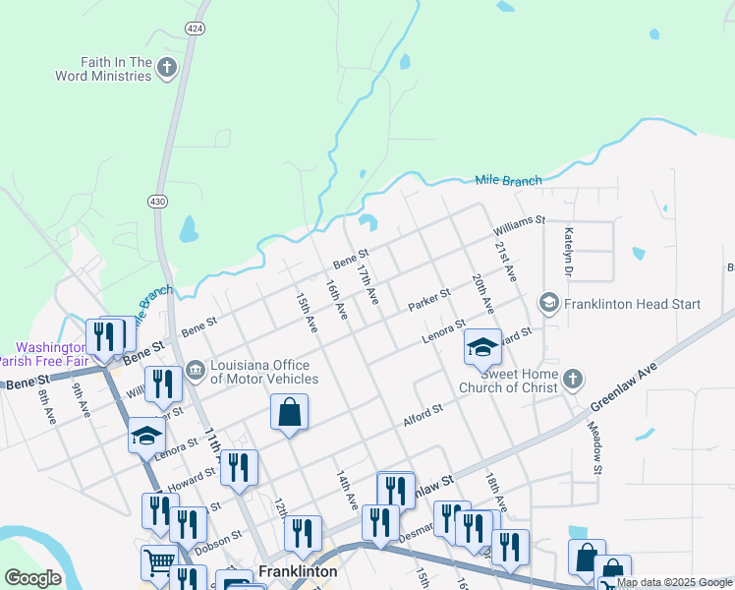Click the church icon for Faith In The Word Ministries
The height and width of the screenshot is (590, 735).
167,68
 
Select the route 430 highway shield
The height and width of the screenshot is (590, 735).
156,201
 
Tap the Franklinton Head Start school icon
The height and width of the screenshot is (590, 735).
548,304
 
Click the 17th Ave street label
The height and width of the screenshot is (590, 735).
367,282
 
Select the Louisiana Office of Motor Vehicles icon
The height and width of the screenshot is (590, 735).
195,370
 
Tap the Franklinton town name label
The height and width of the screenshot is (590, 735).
298,571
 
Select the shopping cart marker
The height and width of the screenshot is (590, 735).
159,563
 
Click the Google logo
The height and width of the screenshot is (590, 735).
32,578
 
